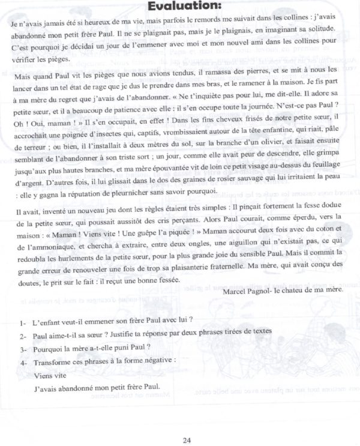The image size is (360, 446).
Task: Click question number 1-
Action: pyautogui.click(x=23, y=320)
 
